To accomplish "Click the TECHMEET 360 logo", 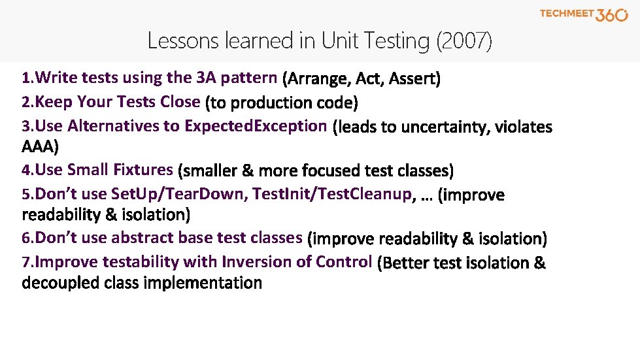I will [x=583, y=14].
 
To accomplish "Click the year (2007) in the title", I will [x=463, y=41].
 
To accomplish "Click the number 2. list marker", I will [x=27, y=103].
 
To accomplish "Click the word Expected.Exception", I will [x=256, y=125].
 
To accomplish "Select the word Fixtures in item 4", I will [x=143, y=170].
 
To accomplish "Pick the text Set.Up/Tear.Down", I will [x=179, y=194].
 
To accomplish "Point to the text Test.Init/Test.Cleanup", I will [x=332, y=194].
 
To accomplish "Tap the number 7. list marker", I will [x=27, y=263].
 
